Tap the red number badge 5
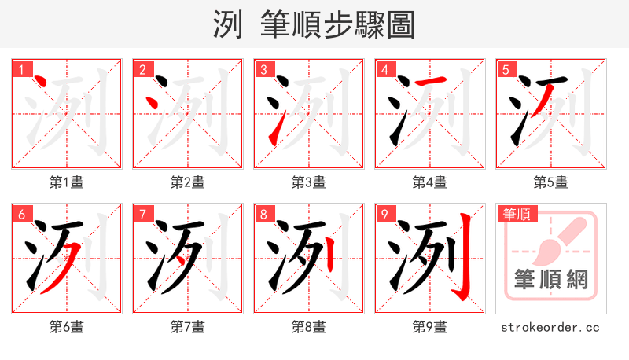[x=506, y=69]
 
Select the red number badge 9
[x=384, y=214]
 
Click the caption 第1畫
[x=67, y=182]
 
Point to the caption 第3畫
[x=309, y=182]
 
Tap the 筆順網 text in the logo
[x=550, y=279]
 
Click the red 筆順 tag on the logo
[x=515, y=213]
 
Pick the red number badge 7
[x=142, y=214]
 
